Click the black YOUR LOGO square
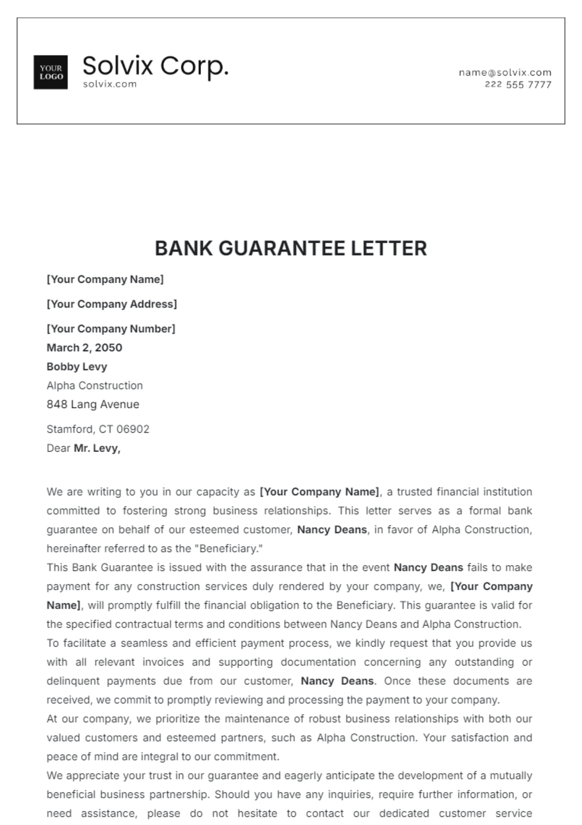(x=50, y=72)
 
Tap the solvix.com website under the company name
(x=110, y=84)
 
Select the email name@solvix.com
(x=505, y=72)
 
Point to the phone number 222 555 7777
(x=517, y=85)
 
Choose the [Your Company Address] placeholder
(x=112, y=304)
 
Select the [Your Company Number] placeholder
(x=111, y=329)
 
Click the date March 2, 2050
(x=84, y=348)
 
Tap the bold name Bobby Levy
(x=77, y=367)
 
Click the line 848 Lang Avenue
(x=93, y=404)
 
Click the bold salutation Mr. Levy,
(x=97, y=448)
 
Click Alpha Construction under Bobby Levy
(x=95, y=386)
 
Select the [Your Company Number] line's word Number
(x=157, y=329)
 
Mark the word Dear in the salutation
(x=58, y=448)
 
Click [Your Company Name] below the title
(x=105, y=279)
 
